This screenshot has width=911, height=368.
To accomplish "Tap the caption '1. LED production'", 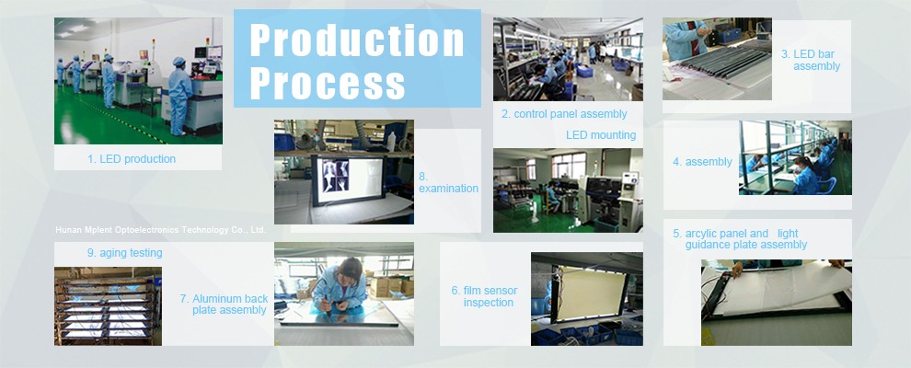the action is click(132, 159).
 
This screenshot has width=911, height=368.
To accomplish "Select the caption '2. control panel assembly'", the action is click(564, 114).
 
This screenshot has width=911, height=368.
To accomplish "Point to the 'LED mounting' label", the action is click(601, 135).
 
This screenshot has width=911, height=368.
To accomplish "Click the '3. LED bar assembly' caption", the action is click(811, 61).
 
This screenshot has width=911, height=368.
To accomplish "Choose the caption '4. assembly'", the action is click(702, 162).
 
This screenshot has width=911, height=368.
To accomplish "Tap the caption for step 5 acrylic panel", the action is click(740, 239).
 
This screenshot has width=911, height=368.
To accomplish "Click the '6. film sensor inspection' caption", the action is click(485, 296).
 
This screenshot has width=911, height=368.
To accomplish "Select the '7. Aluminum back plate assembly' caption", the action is click(224, 305).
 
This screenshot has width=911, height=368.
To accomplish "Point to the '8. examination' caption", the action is click(448, 182).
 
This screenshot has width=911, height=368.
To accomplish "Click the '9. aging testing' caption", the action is click(124, 253).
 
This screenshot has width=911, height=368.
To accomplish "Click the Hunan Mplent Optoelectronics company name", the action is click(160, 230).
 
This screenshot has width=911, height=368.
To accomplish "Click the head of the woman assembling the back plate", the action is click(351, 270).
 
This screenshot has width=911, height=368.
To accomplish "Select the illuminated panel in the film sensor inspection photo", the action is click(590, 293).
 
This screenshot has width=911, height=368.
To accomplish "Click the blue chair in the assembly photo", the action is click(826, 185).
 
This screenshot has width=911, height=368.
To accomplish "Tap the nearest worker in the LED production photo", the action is click(179, 96).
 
